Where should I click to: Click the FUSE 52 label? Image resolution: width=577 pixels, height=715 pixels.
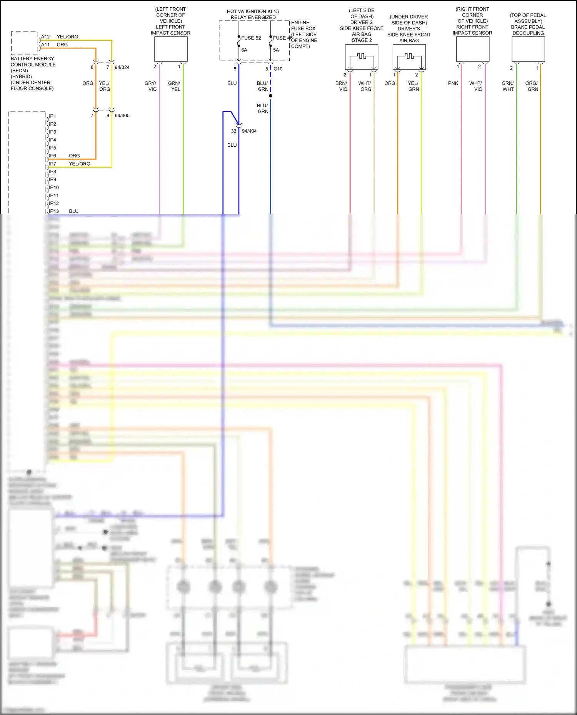point(251,38)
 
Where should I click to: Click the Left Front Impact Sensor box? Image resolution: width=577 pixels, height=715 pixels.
point(171,49)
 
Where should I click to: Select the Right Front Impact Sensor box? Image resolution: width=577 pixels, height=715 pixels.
point(472,49)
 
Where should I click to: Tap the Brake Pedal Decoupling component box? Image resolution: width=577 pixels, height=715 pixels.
point(528,49)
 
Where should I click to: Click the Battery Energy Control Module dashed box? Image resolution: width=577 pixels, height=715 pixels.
point(24,43)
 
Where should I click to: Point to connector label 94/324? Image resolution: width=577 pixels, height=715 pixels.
point(122,67)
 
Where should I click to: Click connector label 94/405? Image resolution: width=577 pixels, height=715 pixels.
point(122,115)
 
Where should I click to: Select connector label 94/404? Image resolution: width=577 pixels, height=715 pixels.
point(249,131)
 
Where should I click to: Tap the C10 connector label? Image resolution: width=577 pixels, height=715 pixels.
point(278,69)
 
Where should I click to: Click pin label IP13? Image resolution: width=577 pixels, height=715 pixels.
point(54,211)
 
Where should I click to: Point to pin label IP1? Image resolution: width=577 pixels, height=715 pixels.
point(52,116)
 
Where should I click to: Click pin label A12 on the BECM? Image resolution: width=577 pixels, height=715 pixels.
point(45,37)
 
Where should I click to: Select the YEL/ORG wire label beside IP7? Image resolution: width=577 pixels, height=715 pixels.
point(79,164)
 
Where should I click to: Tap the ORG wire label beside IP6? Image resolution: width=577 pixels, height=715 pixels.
point(74,156)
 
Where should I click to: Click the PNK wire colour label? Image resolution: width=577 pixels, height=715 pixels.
point(453,83)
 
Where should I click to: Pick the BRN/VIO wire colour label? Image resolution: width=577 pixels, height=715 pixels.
point(342,86)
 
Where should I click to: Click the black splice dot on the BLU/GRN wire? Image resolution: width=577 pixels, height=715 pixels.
point(271,96)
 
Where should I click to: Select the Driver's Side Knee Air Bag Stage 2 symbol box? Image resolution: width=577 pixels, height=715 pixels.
point(362,57)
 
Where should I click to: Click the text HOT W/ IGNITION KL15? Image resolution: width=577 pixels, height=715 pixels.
point(253,11)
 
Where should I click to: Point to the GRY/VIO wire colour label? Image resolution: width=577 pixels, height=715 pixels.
point(151,86)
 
